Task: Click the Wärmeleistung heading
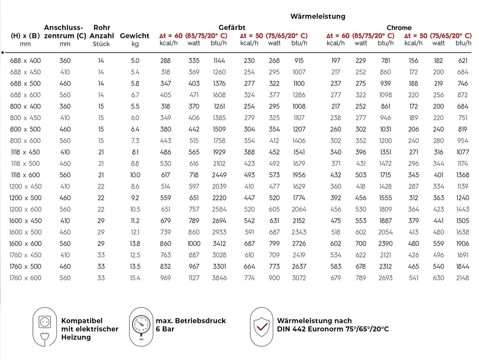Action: pyautogui.click(x=318, y=16)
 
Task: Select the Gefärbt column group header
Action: pyautogui.click(x=232, y=28)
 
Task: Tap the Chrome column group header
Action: pyautogui.click(x=399, y=28)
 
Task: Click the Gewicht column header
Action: pyautogui.click(x=135, y=36)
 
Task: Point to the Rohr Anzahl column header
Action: pyautogui.click(x=101, y=32)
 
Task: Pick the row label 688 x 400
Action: pyautogui.click(x=25, y=61)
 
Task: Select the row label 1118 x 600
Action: pyautogui.click(x=25, y=175)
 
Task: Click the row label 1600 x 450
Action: pyautogui.click(x=25, y=221)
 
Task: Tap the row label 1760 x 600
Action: pyautogui.click(x=25, y=278)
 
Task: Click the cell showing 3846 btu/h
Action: pyautogui.click(x=219, y=278)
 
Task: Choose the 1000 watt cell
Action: pyautogui.click(x=194, y=244)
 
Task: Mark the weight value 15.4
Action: pyautogui.click(x=135, y=278)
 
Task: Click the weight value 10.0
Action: pyautogui.click(x=135, y=175)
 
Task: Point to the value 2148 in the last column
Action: pyautogui.click(x=462, y=278)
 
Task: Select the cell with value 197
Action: pyautogui.click(x=335, y=61)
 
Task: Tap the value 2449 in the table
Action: pyautogui.click(x=219, y=175)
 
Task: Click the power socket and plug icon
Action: pyautogui.click(x=45, y=327)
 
